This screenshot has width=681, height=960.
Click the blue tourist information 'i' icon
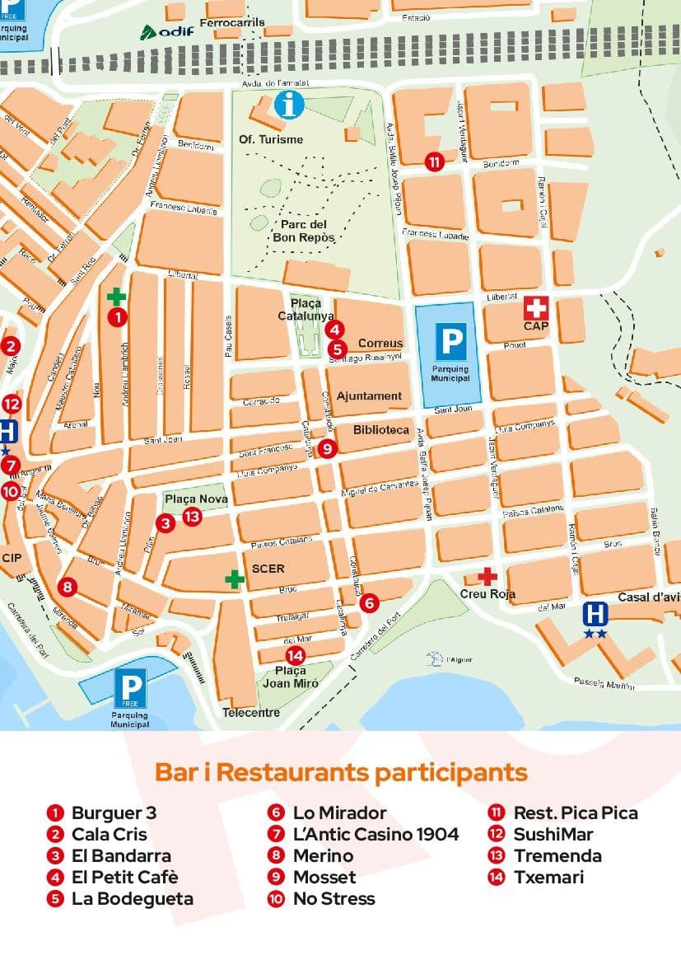pos(289,105)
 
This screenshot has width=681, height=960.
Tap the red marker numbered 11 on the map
pos(434,162)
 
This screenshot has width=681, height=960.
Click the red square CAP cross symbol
pos(536,308)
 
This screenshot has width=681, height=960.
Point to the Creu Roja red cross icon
pos(487,576)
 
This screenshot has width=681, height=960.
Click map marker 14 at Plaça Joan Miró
pos(295,656)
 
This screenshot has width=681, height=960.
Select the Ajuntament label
pos(370,396)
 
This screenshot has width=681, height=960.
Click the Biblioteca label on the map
pos(381,430)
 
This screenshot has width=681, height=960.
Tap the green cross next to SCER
pos(235,578)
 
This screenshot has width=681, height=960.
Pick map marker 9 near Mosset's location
pos(327,449)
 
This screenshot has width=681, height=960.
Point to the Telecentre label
pos(251,712)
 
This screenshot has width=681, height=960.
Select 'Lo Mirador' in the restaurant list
pos(339,812)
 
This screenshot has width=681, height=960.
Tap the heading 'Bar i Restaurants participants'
pos(341,773)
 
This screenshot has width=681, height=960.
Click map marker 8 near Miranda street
pos(68,587)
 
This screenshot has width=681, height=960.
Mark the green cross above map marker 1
pos(117,296)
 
